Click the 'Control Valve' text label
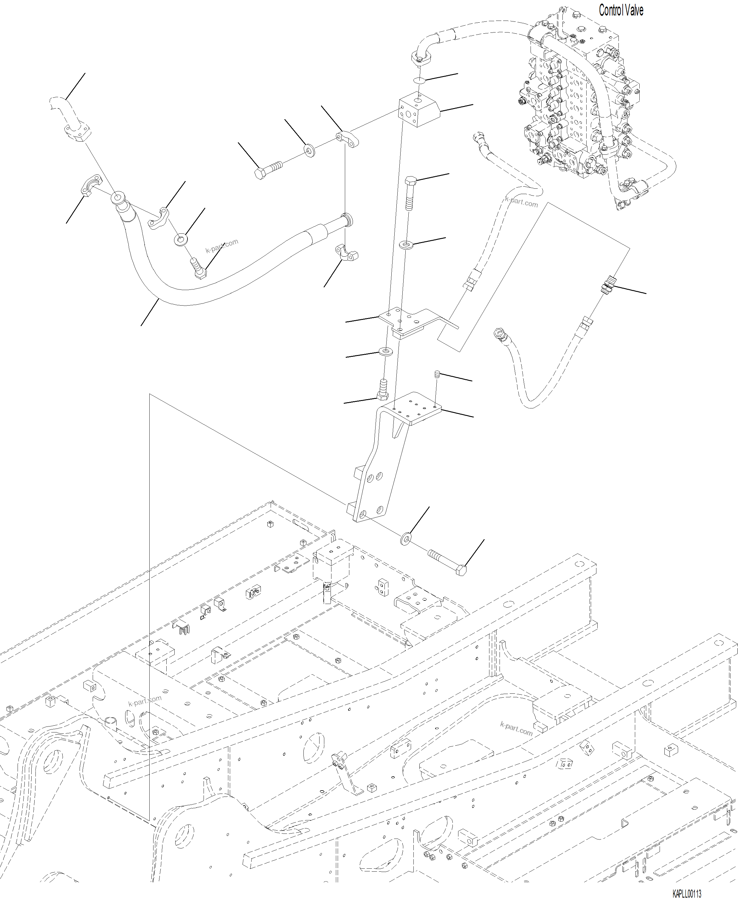[620, 10]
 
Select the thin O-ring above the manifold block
[419, 80]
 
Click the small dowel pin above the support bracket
[436, 374]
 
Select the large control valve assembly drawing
[578, 106]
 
